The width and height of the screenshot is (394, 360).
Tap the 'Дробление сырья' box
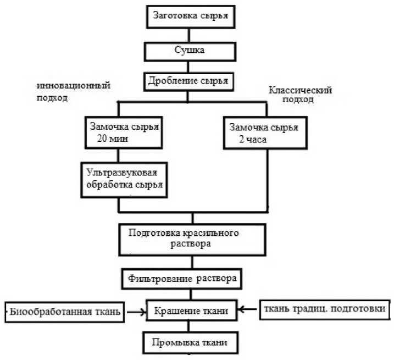188,81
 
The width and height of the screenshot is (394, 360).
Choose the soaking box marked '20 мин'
123,131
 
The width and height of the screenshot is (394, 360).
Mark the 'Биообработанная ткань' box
64,312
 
